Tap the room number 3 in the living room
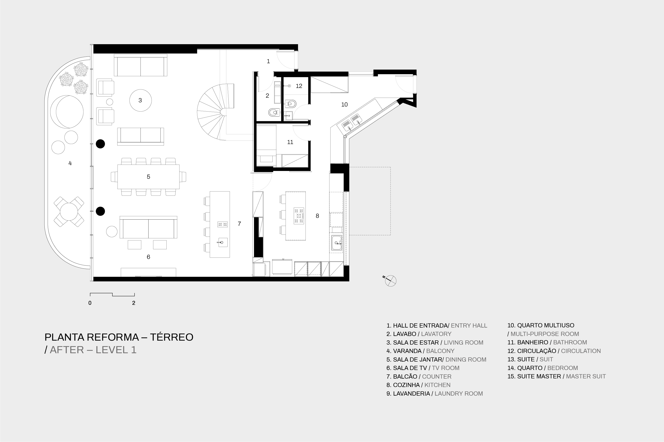tap(140, 100)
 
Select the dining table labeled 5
tap(148, 177)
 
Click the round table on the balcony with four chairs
tap(69, 212)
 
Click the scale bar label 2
tap(134, 303)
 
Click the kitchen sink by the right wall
tap(337, 243)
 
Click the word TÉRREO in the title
tap(171, 337)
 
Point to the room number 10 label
tap(345, 104)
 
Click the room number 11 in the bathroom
tap(290, 142)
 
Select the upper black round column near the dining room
tap(100, 144)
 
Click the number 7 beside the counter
tap(239, 224)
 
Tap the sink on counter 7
tap(222, 242)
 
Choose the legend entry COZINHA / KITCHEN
tap(418, 385)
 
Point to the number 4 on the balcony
tap(70, 163)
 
